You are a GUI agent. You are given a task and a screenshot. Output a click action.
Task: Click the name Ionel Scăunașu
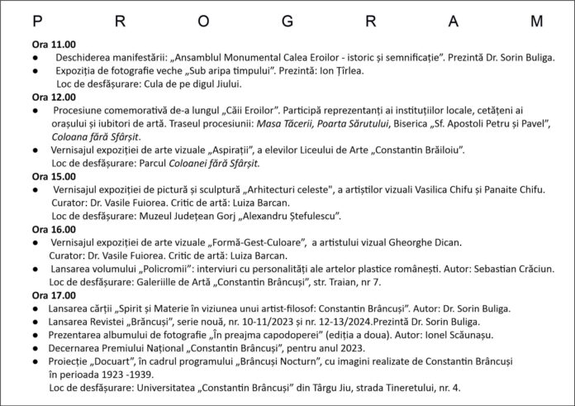pyautogui.click(x=423, y=334)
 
